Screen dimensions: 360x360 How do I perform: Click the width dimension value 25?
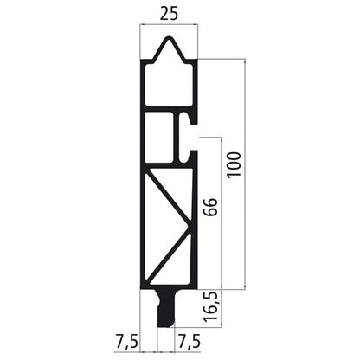169,13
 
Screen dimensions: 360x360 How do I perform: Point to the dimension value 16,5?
211,306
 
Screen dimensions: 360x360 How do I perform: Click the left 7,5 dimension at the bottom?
126,342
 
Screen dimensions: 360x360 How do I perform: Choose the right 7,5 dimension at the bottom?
190,342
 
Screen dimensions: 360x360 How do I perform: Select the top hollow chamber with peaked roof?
168,82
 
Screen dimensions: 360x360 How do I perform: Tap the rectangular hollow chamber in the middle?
160,138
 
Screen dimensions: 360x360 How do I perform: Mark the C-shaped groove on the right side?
190,138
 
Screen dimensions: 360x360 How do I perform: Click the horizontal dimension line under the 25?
169,27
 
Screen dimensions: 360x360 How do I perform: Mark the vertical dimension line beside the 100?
245,173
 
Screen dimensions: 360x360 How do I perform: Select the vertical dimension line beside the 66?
222,212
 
